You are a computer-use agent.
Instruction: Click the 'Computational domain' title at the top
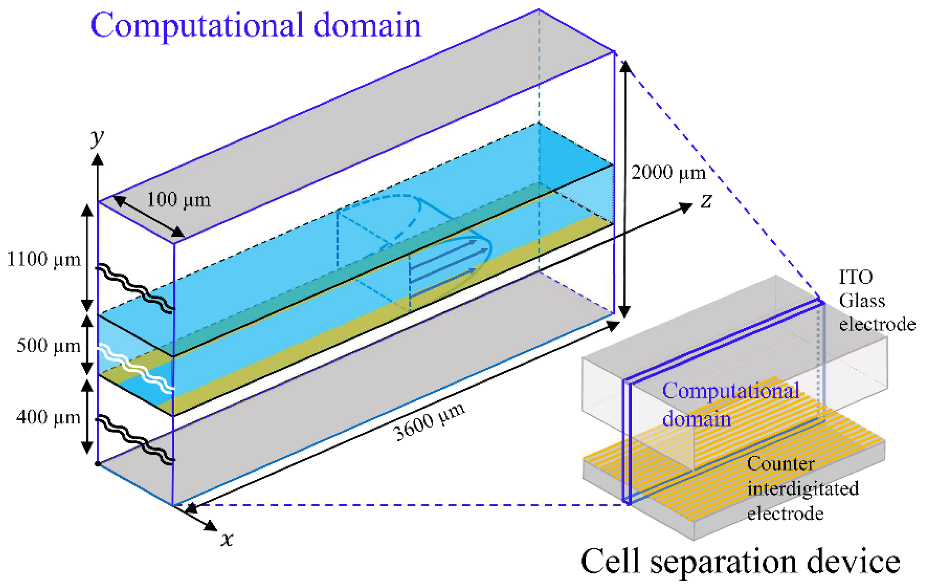click(x=256, y=26)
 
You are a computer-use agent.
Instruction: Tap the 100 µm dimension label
click(x=179, y=200)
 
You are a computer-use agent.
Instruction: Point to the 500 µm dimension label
click(x=48, y=345)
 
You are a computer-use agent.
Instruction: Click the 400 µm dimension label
click(x=48, y=417)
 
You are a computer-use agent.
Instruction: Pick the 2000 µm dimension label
click(x=668, y=172)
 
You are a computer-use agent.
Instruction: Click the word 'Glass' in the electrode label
click(x=862, y=301)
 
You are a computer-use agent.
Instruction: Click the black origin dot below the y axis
click(x=98, y=464)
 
